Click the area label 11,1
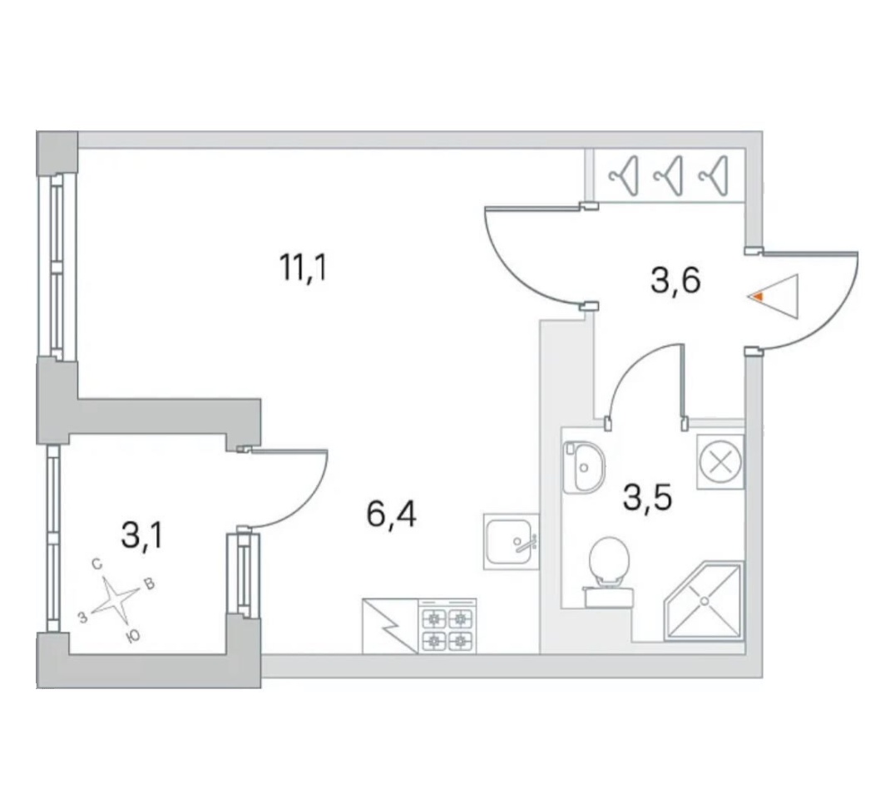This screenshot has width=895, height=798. coord(304,268)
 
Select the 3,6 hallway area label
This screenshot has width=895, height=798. coord(675,281)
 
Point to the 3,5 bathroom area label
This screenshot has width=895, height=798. coord(648,497)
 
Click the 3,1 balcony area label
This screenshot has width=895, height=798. coord(142,535)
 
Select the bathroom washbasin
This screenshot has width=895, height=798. coord(583,467)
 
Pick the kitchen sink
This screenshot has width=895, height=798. coord(512,541)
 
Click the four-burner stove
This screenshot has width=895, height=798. coord(447,626)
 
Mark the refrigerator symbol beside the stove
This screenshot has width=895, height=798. coord(390,626)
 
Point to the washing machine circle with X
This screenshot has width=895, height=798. coord(720,461)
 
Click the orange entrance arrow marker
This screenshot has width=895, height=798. coord(758,297)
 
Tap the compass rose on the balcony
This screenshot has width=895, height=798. coord(116,600)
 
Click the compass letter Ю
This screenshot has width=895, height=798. coord(133,637)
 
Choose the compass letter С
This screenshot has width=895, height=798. coord(97,564)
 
